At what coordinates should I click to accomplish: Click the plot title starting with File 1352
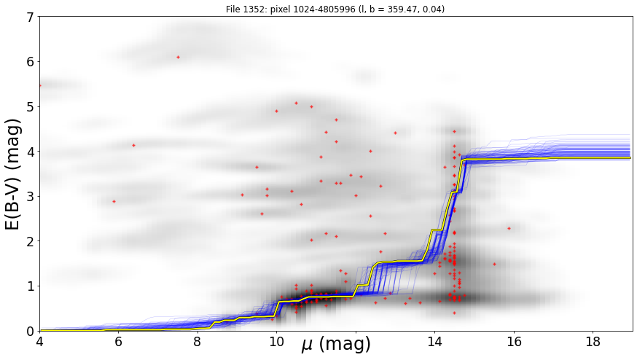pos(335,9)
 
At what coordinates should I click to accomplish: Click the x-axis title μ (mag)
pos(336,345)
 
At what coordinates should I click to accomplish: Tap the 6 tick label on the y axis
pos(31,62)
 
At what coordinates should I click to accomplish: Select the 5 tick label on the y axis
pos(31,107)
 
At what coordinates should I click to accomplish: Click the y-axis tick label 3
pos(31,197)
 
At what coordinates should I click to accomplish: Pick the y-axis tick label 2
pos(31,241)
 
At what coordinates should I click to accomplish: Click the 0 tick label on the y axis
pos(31,331)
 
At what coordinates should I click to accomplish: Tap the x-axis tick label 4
pos(39,342)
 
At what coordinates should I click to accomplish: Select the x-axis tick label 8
pos(198,342)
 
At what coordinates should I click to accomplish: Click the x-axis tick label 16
pos(514,342)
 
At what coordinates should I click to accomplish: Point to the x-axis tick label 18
pos(593,342)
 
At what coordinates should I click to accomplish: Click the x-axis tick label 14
pos(434,342)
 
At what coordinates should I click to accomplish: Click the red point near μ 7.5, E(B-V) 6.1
pos(178,58)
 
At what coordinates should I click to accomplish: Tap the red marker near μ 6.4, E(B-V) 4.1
pos(133,145)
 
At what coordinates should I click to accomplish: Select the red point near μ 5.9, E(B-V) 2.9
pos(114,202)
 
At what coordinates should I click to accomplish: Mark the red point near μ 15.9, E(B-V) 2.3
pos(509,228)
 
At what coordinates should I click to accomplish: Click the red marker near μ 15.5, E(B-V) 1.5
pos(494,264)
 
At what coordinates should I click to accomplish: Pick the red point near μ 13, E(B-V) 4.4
pos(395,133)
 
